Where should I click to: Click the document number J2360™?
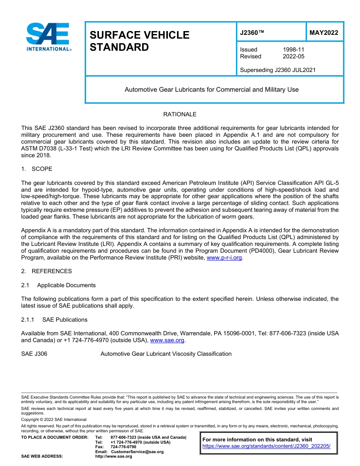pyautogui.click(x=252, y=33)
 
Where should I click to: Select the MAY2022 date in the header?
pyautogui.click(x=324, y=33)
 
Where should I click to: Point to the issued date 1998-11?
pyautogui.click(x=293, y=50)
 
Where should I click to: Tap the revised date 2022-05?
pyautogui.click(x=293, y=56)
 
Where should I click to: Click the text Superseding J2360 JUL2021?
pyautogui.click(x=278, y=70)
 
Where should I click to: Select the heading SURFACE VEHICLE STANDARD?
pyautogui.click(x=139, y=41)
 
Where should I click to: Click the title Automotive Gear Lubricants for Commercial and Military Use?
pyautogui.click(x=211, y=90)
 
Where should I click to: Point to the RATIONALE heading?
pyautogui.click(x=180, y=114)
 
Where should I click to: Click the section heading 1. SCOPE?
pyautogui.click(x=37, y=169)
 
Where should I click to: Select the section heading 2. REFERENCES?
pyautogui.click(x=46, y=271)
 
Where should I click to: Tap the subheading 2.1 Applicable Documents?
pyautogui.click(x=58, y=285)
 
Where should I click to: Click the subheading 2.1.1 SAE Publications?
pyautogui.click(x=54, y=320)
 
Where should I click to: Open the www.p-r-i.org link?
pyautogui.click(x=224, y=258)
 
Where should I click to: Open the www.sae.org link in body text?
pyautogui.click(x=167, y=341)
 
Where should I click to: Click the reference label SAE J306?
pyautogui.click(x=34, y=354)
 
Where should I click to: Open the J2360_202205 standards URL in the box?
pyautogui.click(x=266, y=446)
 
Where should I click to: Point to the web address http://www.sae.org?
pyautogui.click(x=113, y=457)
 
